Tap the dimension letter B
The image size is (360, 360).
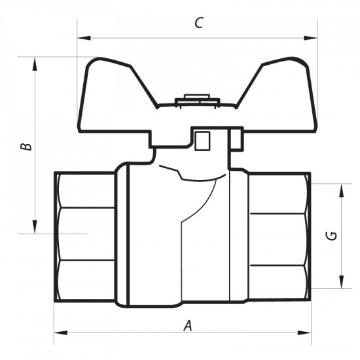[25, 145]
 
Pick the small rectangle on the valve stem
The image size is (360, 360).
[202, 140]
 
